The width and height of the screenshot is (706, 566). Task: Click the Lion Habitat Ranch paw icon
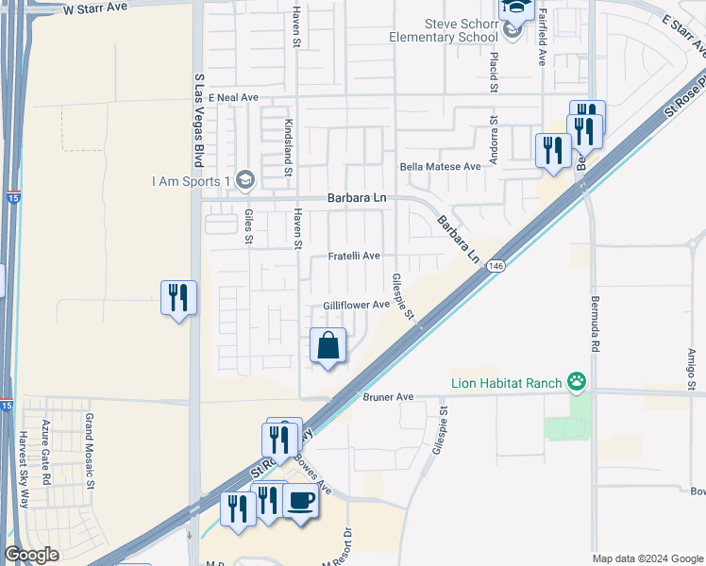click(577, 382)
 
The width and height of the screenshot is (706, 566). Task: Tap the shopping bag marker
click(328, 346)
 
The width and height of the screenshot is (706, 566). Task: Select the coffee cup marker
click(301, 502)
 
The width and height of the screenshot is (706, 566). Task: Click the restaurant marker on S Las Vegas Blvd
click(178, 298)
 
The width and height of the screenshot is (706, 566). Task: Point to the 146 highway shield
click(495, 267)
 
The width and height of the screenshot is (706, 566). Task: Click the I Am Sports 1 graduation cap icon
click(245, 179)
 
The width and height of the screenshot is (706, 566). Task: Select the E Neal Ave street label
click(233, 97)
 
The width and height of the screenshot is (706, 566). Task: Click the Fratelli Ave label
click(354, 256)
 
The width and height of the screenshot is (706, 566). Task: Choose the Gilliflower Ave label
click(356, 305)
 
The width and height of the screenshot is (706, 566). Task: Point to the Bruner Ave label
click(389, 397)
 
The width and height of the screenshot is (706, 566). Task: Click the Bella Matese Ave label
click(440, 166)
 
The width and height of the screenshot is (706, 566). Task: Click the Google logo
click(32, 555)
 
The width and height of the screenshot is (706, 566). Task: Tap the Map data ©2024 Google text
click(647, 558)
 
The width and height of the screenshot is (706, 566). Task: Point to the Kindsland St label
click(288, 150)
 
